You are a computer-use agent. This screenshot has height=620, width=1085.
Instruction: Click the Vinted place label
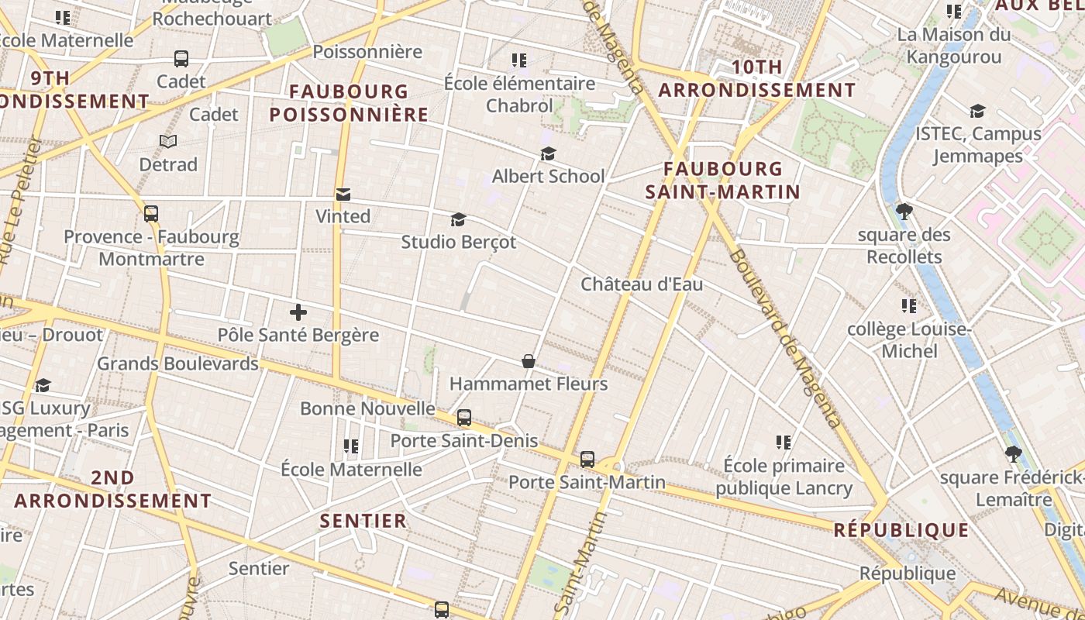click(x=343, y=216)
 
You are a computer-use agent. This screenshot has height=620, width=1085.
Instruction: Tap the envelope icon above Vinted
click(x=343, y=194)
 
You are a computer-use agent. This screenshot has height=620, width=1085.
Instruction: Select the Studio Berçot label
click(x=458, y=242)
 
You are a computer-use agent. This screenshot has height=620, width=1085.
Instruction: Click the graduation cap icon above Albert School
click(x=548, y=153)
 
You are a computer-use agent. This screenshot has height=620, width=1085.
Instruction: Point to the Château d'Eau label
click(x=642, y=284)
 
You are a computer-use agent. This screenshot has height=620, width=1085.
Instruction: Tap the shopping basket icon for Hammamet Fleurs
click(x=528, y=361)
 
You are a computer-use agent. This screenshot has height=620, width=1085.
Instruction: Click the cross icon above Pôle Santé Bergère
click(x=298, y=312)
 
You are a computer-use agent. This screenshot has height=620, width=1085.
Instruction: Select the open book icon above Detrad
click(x=168, y=141)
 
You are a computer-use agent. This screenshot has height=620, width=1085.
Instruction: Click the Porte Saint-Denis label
click(x=463, y=440)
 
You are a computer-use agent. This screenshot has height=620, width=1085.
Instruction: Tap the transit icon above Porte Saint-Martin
click(x=587, y=460)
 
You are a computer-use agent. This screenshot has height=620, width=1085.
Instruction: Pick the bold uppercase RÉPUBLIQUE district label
click(x=901, y=530)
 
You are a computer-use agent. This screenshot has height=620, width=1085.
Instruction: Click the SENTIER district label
click(x=363, y=520)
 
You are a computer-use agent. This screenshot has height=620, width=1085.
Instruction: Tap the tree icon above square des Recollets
click(x=904, y=211)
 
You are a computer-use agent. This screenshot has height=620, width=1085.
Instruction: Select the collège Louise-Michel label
click(x=909, y=340)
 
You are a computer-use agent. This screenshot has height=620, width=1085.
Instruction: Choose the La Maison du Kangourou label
click(x=954, y=46)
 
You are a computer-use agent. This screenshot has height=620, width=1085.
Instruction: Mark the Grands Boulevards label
click(x=177, y=363)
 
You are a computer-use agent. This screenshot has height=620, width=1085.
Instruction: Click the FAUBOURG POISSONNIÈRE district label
click(x=349, y=103)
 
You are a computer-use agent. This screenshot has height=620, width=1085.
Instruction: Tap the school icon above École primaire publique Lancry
click(x=784, y=443)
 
